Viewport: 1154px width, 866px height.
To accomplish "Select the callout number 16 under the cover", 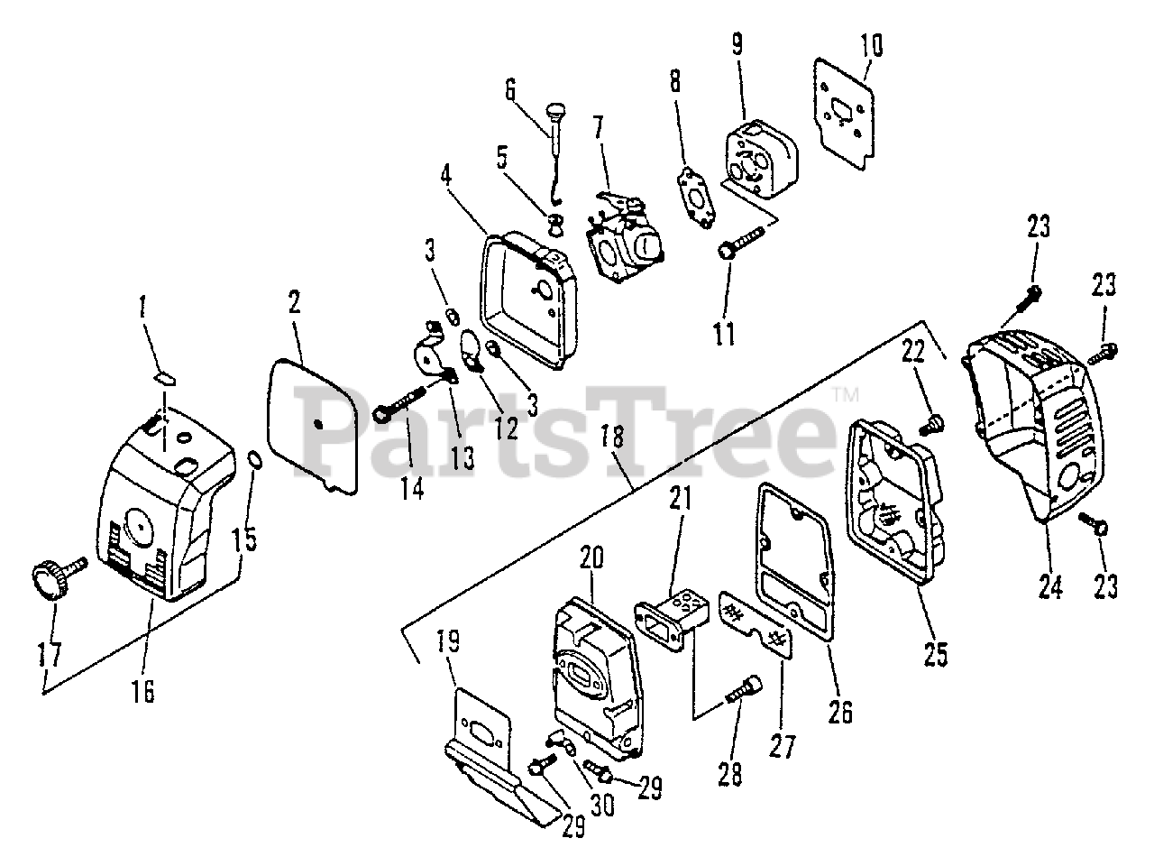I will [x=142, y=691].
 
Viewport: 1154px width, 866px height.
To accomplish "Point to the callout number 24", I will [x=1049, y=586].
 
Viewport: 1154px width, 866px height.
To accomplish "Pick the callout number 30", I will [x=601, y=802].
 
